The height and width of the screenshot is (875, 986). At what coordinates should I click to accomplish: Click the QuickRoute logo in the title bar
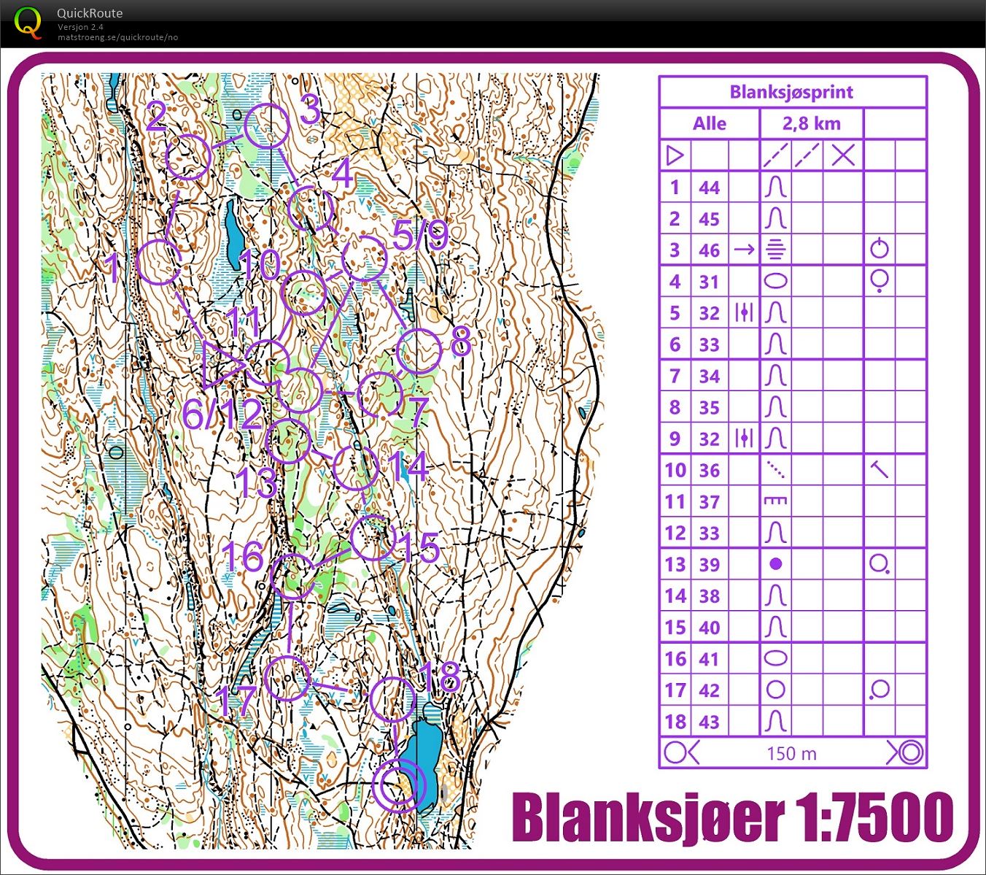pos(28,23)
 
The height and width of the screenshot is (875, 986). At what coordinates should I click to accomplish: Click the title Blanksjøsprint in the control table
pos(791,92)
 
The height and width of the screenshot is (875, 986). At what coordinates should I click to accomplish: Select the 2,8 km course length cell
pos(811,123)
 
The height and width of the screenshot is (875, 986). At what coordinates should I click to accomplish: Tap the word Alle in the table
pos(709,123)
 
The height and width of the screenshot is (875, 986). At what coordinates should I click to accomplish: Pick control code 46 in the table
pos(709,250)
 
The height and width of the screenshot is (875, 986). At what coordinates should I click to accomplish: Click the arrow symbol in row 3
pos(744,250)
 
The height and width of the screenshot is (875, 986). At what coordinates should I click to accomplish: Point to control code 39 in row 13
pos(709,564)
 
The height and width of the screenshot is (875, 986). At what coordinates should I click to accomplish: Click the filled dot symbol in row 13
pos(776,563)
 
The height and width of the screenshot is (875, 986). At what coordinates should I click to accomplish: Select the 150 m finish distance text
pos(791,753)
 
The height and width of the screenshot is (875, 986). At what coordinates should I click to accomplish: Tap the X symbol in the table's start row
pos(843,155)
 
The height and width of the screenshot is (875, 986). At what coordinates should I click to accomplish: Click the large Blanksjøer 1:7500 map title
pos(732,817)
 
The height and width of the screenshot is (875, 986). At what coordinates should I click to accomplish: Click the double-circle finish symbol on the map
pos(399,785)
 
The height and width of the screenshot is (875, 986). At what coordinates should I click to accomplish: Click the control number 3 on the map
pos(310,111)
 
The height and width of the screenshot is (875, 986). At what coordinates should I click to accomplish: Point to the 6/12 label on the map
pos(221,415)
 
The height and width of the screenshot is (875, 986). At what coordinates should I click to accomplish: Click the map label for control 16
pos(243,557)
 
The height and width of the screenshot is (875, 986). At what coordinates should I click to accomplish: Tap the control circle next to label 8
pos(419,352)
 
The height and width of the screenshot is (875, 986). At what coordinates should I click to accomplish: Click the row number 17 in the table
pos(675,690)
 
